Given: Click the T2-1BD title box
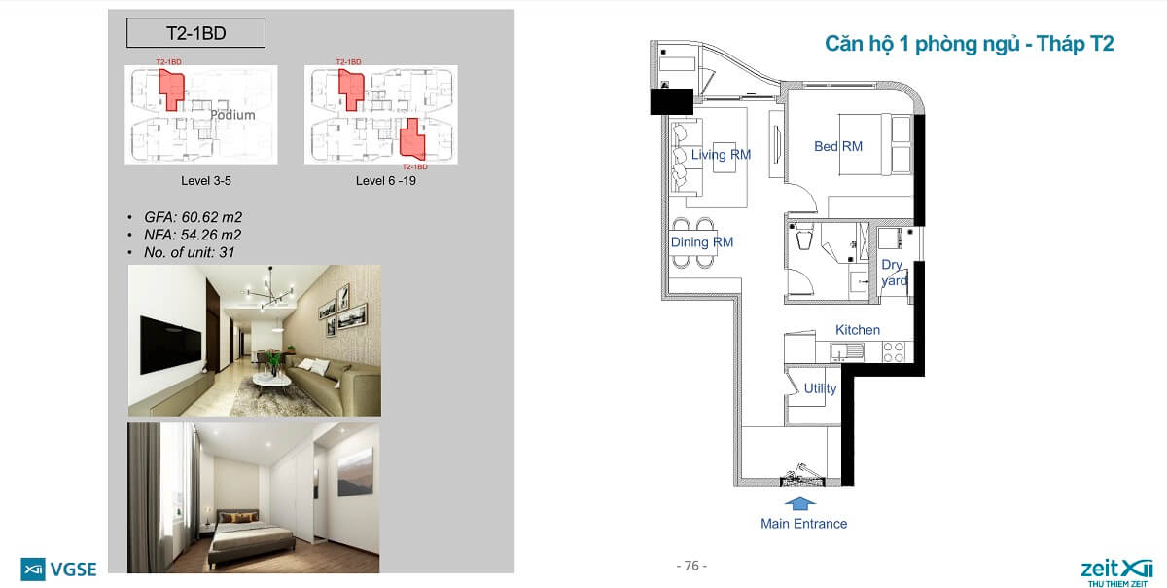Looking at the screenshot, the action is coord(195,33).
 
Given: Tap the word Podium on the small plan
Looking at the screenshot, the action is coord(232,115).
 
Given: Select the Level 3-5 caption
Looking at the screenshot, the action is coord(206,180).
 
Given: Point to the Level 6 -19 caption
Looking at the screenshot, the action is coord(385,180).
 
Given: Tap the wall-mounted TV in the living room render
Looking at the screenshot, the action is coord(171,345).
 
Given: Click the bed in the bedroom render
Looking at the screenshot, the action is coord(250,537).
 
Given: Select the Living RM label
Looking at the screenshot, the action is coord(721,155).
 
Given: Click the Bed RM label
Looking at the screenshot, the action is coord(837,146).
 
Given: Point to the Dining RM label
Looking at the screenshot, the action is coord(702,242).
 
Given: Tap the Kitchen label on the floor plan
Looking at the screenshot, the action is coord(858,330).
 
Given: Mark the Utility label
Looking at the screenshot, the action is coord(820,388).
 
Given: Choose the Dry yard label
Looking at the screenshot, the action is coord(894,273).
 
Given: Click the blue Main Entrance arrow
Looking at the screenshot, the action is coord(799,503).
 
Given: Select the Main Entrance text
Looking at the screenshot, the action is coord(803,524).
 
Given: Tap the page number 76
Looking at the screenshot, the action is coord(691,566).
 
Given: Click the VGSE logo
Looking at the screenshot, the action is coord(58,570).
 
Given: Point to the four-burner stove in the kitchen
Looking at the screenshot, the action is coord(894,352).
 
